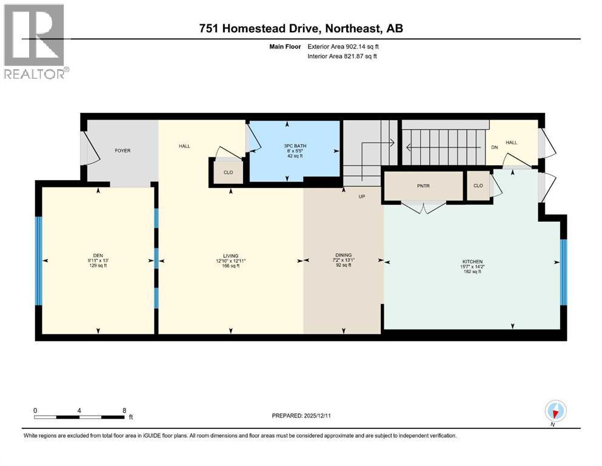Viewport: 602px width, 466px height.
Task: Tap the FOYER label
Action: pyautogui.click(x=123, y=150)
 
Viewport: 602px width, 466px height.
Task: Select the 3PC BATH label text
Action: pyautogui.click(x=295, y=146)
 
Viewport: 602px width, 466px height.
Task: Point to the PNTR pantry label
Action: pyautogui.click(x=424, y=186)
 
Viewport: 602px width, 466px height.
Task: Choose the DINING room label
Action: pyautogui.click(x=344, y=255)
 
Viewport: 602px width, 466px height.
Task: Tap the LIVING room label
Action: pyautogui.click(x=230, y=255)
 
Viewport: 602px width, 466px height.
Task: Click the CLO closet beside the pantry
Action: pyautogui.click(x=478, y=186)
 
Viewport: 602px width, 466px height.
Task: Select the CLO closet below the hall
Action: pyautogui.click(x=228, y=172)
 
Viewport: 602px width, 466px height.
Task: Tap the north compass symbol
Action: pyautogui.click(x=555, y=411)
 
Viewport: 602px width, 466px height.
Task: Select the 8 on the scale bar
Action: pyautogui.click(x=124, y=410)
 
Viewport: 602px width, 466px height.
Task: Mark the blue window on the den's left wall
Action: pyautogui.click(x=39, y=260)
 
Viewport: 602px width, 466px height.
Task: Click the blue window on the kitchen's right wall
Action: pyautogui.click(x=563, y=271)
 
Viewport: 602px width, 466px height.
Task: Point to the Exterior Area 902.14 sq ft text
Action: pyautogui.click(x=346, y=46)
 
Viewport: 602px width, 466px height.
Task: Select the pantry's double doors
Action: pyautogui.click(x=424, y=208)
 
